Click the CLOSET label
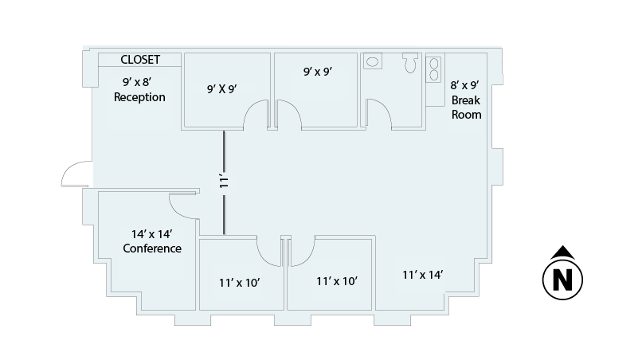click(x=140, y=60)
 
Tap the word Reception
click(x=139, y=97)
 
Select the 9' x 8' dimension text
click(x=137, y=82)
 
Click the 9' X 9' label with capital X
click(x=222, y=89)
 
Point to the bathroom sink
click(x=373, y=61)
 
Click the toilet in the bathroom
click(x=411, y=63)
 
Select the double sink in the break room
click(x=433, y=69)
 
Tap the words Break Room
click(x=466, y=108)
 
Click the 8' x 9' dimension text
click(x=464, y=85)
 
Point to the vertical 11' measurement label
click(x=224, y=182)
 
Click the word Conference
click(x=152, y=248)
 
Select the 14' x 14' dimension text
click(x=152, y=234)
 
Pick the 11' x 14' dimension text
click(x=422, y=275)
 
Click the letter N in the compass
click(x=562, y=280)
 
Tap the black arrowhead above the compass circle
click(x=563, y=252)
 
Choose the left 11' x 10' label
click(x=239, y=283)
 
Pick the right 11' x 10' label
click(x=337, y=281)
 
